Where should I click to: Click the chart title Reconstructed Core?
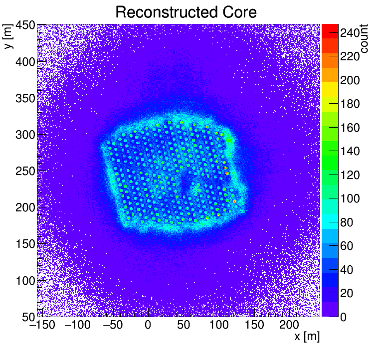186,12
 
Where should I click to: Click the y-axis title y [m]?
8,38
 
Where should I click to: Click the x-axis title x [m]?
306,337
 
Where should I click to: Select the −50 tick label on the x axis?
112,325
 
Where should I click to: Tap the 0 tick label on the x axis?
148,325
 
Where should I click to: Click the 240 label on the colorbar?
350,33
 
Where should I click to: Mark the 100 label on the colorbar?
350,198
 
